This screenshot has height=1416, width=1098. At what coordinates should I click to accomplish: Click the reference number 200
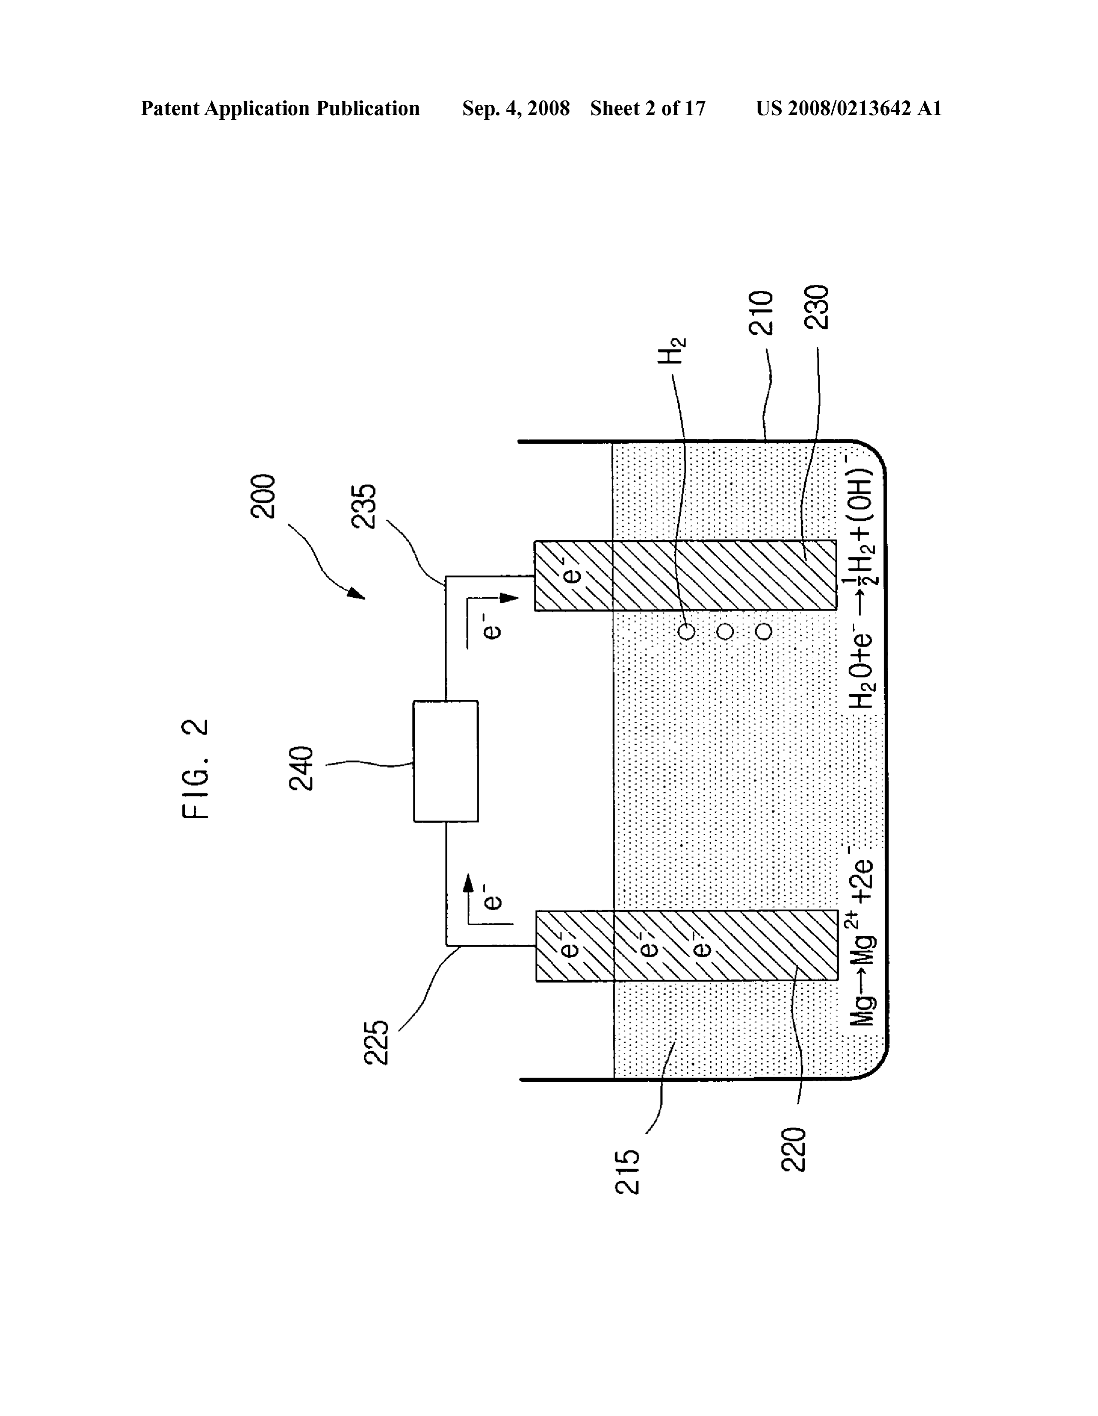point(263,496)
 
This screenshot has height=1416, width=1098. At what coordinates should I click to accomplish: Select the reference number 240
point(301,769)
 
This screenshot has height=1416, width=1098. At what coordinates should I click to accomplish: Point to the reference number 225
point(376,1043)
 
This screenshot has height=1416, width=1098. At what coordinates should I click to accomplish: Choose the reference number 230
point(817,307)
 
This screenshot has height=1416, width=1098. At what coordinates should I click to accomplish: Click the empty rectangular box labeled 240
point(446,761)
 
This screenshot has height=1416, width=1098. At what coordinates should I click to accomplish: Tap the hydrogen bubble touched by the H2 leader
point(686,632)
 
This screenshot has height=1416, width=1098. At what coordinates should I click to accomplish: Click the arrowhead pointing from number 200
point(356,593)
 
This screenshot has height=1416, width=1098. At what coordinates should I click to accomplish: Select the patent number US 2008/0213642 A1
point(848,108)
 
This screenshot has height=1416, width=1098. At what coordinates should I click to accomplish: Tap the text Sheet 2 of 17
point(648,108)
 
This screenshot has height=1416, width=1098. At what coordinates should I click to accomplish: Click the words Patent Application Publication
point(280,108)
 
